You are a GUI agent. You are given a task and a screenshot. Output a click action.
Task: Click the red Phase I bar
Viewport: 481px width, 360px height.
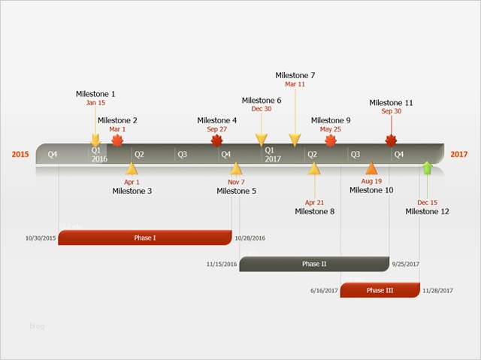[x=145, y=237]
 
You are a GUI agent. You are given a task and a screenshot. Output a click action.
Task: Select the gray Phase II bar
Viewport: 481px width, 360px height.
[x=314, y=264]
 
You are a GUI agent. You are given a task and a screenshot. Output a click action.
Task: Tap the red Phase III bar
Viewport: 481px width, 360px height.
[x=380, y=290]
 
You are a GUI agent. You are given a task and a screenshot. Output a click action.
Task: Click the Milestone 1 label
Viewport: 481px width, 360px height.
[x=95, y=94]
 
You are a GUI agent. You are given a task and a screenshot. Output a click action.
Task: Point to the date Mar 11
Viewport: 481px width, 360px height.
[x=295, y=84]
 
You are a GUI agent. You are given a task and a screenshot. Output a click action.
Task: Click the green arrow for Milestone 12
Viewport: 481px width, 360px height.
[x=427, y=168]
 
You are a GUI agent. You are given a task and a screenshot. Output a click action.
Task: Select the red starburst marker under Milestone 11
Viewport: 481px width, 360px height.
[x=391, y=141]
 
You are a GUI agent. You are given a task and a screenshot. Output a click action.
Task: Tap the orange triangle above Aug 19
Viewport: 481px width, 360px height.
[x=371, y=168]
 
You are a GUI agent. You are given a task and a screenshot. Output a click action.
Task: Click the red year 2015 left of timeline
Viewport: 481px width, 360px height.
[x=20, y=155]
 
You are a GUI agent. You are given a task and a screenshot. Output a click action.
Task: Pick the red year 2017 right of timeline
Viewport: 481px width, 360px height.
[x=459, y=155]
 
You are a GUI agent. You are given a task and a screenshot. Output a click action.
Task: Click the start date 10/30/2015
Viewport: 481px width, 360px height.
[x=41, y=238]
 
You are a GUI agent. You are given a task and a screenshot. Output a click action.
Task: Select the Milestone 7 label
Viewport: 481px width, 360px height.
[x=295, y=75]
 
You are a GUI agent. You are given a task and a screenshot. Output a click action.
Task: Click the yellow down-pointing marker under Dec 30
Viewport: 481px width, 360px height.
[x=262, y=139]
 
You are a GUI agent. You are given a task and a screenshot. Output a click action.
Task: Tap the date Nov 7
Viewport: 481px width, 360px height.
[x=236, y=182]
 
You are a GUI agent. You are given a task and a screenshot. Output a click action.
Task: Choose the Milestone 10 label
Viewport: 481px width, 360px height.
[x=371, y=190]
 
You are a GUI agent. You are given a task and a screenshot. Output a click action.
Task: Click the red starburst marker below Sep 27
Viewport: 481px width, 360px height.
[x=217, y=141]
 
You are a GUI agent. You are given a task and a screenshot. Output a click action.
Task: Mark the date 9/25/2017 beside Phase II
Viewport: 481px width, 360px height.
[x=405, y=265]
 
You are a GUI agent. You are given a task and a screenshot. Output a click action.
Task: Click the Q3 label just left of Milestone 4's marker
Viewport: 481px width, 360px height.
[x=181, y=155]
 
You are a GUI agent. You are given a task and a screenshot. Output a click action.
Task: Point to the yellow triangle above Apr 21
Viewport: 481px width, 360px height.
[x=314, y=168]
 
